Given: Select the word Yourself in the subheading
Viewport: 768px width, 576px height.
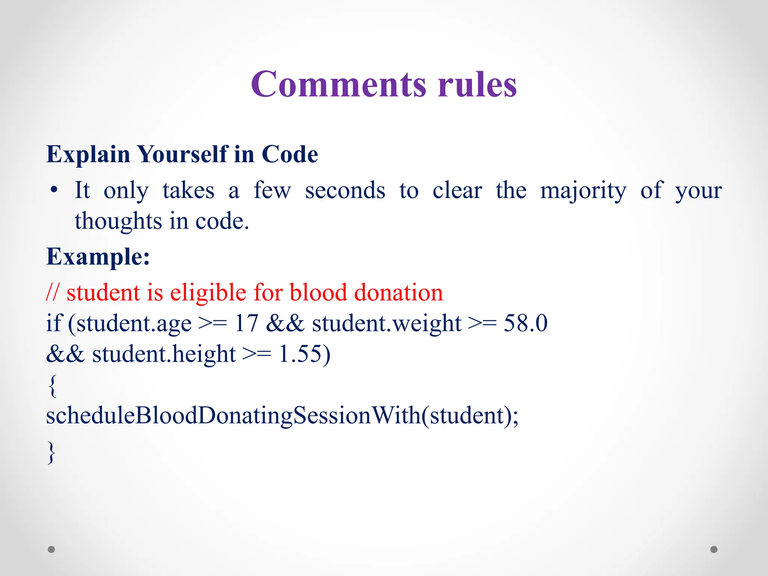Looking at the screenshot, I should tap(182, 154).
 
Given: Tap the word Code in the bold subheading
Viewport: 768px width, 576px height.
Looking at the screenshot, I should tap(289, 154).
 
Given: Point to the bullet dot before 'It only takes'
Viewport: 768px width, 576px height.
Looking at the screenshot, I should tap(54, 190).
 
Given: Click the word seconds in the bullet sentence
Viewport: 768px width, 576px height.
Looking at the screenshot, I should tap(345, 190).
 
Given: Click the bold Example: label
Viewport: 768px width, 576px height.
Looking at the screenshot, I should tap(98, 257).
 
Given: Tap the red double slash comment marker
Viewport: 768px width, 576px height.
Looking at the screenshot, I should tap(52, 292).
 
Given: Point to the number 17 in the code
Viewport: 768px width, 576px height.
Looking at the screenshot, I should tap(246, 323).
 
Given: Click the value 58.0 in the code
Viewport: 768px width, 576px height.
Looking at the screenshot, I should tap(525, 323).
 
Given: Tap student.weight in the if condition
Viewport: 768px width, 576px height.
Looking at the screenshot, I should tap(387, 324).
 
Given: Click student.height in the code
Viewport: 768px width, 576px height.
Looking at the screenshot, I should tap(164, 354).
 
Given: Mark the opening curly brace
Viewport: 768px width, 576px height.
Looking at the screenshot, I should tap(52, 386).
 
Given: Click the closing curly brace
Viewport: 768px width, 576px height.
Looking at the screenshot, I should tap(52, 453).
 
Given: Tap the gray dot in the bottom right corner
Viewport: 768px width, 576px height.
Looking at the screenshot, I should tap(714, 549).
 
